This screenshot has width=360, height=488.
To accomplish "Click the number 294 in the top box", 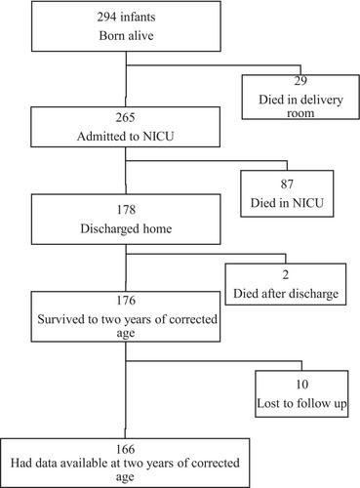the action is tap(106, 17).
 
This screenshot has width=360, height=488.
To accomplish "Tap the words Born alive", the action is tap(126, 35).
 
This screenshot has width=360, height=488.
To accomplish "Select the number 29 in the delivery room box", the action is tap(300, 81).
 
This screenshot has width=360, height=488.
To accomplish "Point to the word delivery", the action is tap(318, 100).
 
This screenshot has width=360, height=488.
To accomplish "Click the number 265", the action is tap(125, 117).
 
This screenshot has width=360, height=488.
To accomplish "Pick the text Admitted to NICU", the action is tap(126, 136).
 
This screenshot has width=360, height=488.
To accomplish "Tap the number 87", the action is tap(287, 184).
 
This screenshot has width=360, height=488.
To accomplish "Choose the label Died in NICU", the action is tap(287, 203).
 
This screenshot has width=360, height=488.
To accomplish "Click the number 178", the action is tap(126, 210).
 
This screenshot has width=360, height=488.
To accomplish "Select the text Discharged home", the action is tap(126, 228).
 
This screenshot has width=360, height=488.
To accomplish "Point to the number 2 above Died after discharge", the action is tap(286, 275).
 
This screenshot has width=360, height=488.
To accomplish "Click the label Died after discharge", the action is tap(286, 294).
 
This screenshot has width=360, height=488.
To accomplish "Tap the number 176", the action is tap(126, 301).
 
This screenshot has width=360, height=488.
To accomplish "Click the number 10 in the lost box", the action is tap(301, 385).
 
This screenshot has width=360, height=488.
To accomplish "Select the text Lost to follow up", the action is tap(301, 403).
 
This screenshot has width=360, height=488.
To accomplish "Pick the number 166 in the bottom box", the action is tap(125, 449).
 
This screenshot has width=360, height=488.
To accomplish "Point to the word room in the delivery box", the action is tap(300, 113).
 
